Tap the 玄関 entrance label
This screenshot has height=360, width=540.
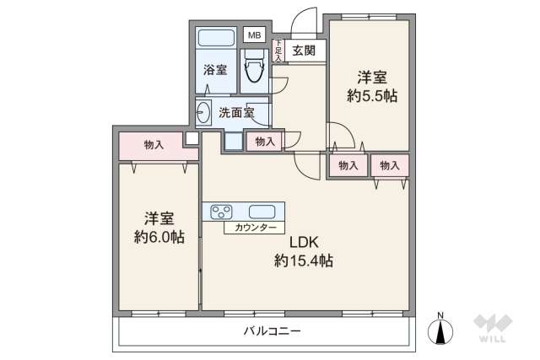click(305, 51)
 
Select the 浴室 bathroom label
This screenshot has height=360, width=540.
click(215, 70)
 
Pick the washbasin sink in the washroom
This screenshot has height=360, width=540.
click(204, 111)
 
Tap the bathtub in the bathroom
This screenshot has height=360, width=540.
click(216, 39)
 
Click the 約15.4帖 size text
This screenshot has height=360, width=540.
click(302, 261)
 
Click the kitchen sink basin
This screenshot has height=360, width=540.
click(262, 211)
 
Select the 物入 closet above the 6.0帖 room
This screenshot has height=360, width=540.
click(154, 145)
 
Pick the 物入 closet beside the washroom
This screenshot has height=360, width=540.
click(264, 142)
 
